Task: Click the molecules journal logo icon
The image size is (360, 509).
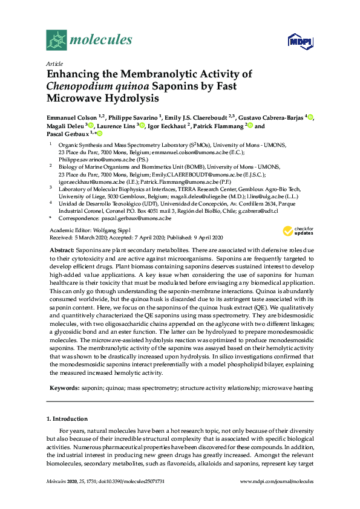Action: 56,41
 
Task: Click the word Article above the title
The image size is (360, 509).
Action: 55,63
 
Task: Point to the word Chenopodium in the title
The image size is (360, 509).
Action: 82,86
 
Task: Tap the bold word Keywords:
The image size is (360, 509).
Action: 64,386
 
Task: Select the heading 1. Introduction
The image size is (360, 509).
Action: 67,418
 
